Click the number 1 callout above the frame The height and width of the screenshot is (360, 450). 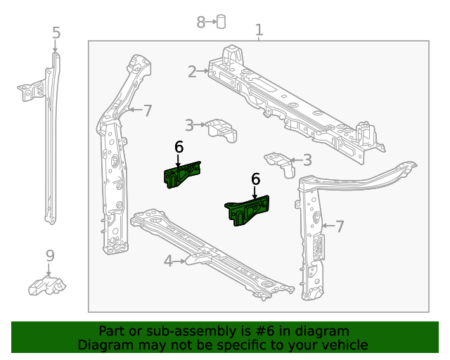point(259,30)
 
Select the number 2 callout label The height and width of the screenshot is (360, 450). point(192,71)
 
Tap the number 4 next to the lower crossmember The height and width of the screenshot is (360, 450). point(168,262)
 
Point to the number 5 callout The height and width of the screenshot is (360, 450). point(56,33)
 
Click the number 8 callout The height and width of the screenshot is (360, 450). point(200,22)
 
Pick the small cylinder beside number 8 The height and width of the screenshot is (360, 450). point(221,21)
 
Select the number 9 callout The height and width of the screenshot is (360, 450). point(50,255)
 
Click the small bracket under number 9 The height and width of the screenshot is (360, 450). point(47,285)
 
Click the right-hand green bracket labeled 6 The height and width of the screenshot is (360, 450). point(248,210)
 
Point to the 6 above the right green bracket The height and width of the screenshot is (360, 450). point(255,180)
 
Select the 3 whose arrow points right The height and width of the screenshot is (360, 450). point(189,125)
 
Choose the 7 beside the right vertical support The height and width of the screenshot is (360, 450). point(340,226)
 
